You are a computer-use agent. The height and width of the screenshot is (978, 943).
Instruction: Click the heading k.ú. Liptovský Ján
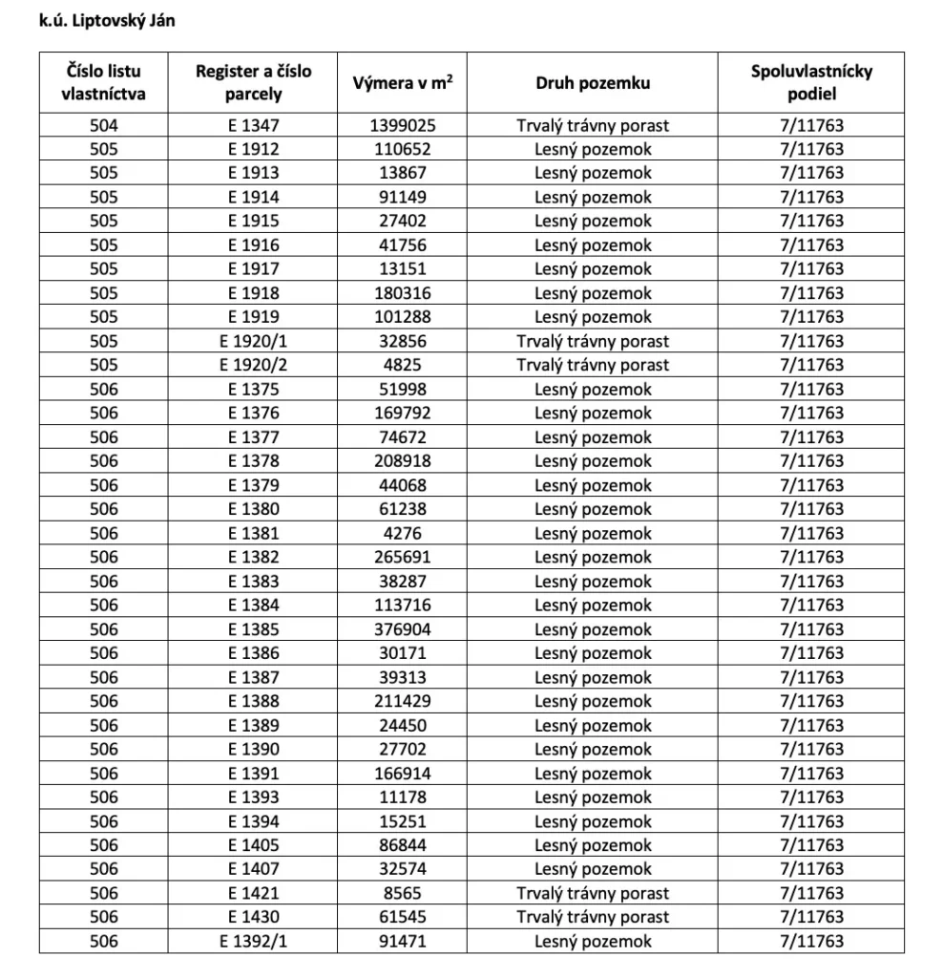107,21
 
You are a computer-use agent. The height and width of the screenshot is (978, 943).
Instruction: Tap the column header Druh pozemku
592,83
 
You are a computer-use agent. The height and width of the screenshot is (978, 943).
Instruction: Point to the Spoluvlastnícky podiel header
811,83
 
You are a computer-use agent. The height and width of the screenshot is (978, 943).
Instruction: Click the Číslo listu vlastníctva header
103,83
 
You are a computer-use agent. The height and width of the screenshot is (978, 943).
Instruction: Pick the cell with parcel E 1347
254,125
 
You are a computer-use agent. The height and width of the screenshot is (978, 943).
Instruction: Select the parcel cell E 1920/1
254,341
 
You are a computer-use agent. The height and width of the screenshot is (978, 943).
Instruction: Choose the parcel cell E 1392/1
254,941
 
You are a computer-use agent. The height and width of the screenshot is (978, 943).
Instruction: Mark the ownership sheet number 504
103,125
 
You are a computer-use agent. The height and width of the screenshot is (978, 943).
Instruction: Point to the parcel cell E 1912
254,149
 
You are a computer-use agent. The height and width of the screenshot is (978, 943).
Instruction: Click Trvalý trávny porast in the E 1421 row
592,893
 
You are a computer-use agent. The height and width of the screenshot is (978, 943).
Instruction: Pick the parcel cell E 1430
254,917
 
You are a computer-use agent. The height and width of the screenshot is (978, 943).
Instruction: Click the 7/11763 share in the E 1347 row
811,125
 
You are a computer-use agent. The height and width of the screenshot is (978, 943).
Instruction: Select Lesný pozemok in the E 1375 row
592,389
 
